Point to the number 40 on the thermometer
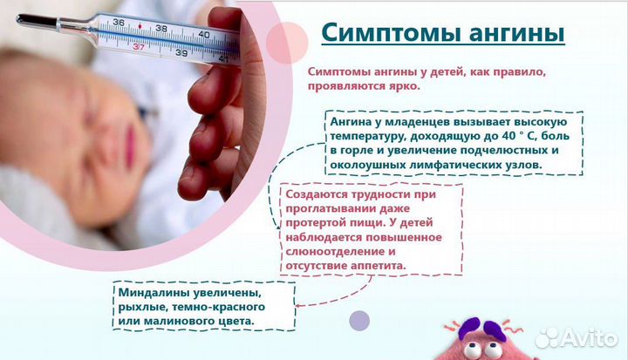(204, 34)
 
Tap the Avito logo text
(587, 336)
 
